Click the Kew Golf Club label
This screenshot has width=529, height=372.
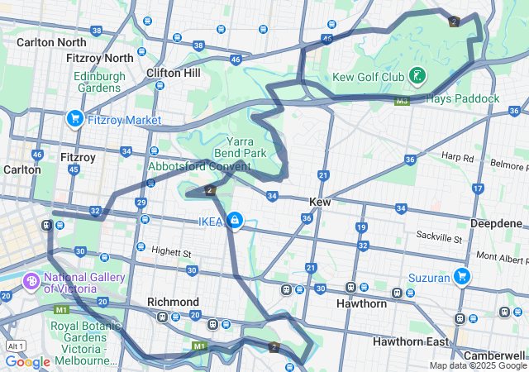click(369, 77)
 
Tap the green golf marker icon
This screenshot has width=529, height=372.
click(418, 76)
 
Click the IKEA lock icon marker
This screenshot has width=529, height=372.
click(235, 220)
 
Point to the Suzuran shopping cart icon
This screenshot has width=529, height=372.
click(462, 277)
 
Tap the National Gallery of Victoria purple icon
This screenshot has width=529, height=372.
click(32, 282)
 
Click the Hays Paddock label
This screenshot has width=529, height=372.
click(462, 98)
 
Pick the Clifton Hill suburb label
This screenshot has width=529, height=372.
click(173, 73)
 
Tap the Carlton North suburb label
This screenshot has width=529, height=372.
click(50, 42)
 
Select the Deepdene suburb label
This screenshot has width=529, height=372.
click(496, 223)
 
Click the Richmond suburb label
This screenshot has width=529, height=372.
click(173, 302)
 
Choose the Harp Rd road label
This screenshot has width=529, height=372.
click(457, 156)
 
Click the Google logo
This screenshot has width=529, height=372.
click(27, 361)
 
